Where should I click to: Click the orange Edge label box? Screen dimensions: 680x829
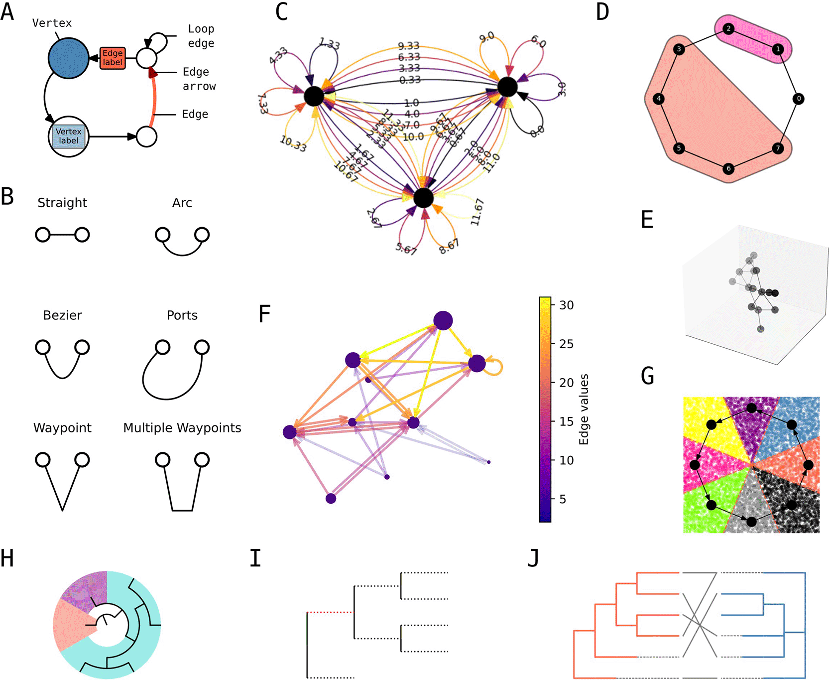coord(113,58)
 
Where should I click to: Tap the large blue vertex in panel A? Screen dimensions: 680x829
coord(68,58)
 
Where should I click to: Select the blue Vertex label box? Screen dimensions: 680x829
coord(68,136)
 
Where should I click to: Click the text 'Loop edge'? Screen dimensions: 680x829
coord(201,36)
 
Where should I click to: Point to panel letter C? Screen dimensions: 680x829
coord(282,12)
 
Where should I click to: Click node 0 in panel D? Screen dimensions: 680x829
coord(799,99)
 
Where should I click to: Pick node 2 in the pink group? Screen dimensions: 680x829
coord(728,29)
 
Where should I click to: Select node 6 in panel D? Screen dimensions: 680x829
coord(728,168)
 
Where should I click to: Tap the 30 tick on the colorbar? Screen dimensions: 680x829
coord(566,305)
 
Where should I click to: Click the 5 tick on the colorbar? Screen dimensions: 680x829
coord(563,499)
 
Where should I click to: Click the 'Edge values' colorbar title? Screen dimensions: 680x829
coord(584,409)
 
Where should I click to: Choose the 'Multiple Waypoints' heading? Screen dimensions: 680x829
coord(182,428)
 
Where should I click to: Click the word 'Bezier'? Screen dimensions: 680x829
coord(62,315)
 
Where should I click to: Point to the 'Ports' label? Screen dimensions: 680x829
coord(182,315)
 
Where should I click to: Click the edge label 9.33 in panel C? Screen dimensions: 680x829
coord(409,46)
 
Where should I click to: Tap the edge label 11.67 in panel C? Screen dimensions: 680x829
coord(477,212)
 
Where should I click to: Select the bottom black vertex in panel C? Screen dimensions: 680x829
coord(423,198)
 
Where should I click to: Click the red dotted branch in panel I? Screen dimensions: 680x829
coord(330,612)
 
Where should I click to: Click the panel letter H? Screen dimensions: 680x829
coord(7,558)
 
